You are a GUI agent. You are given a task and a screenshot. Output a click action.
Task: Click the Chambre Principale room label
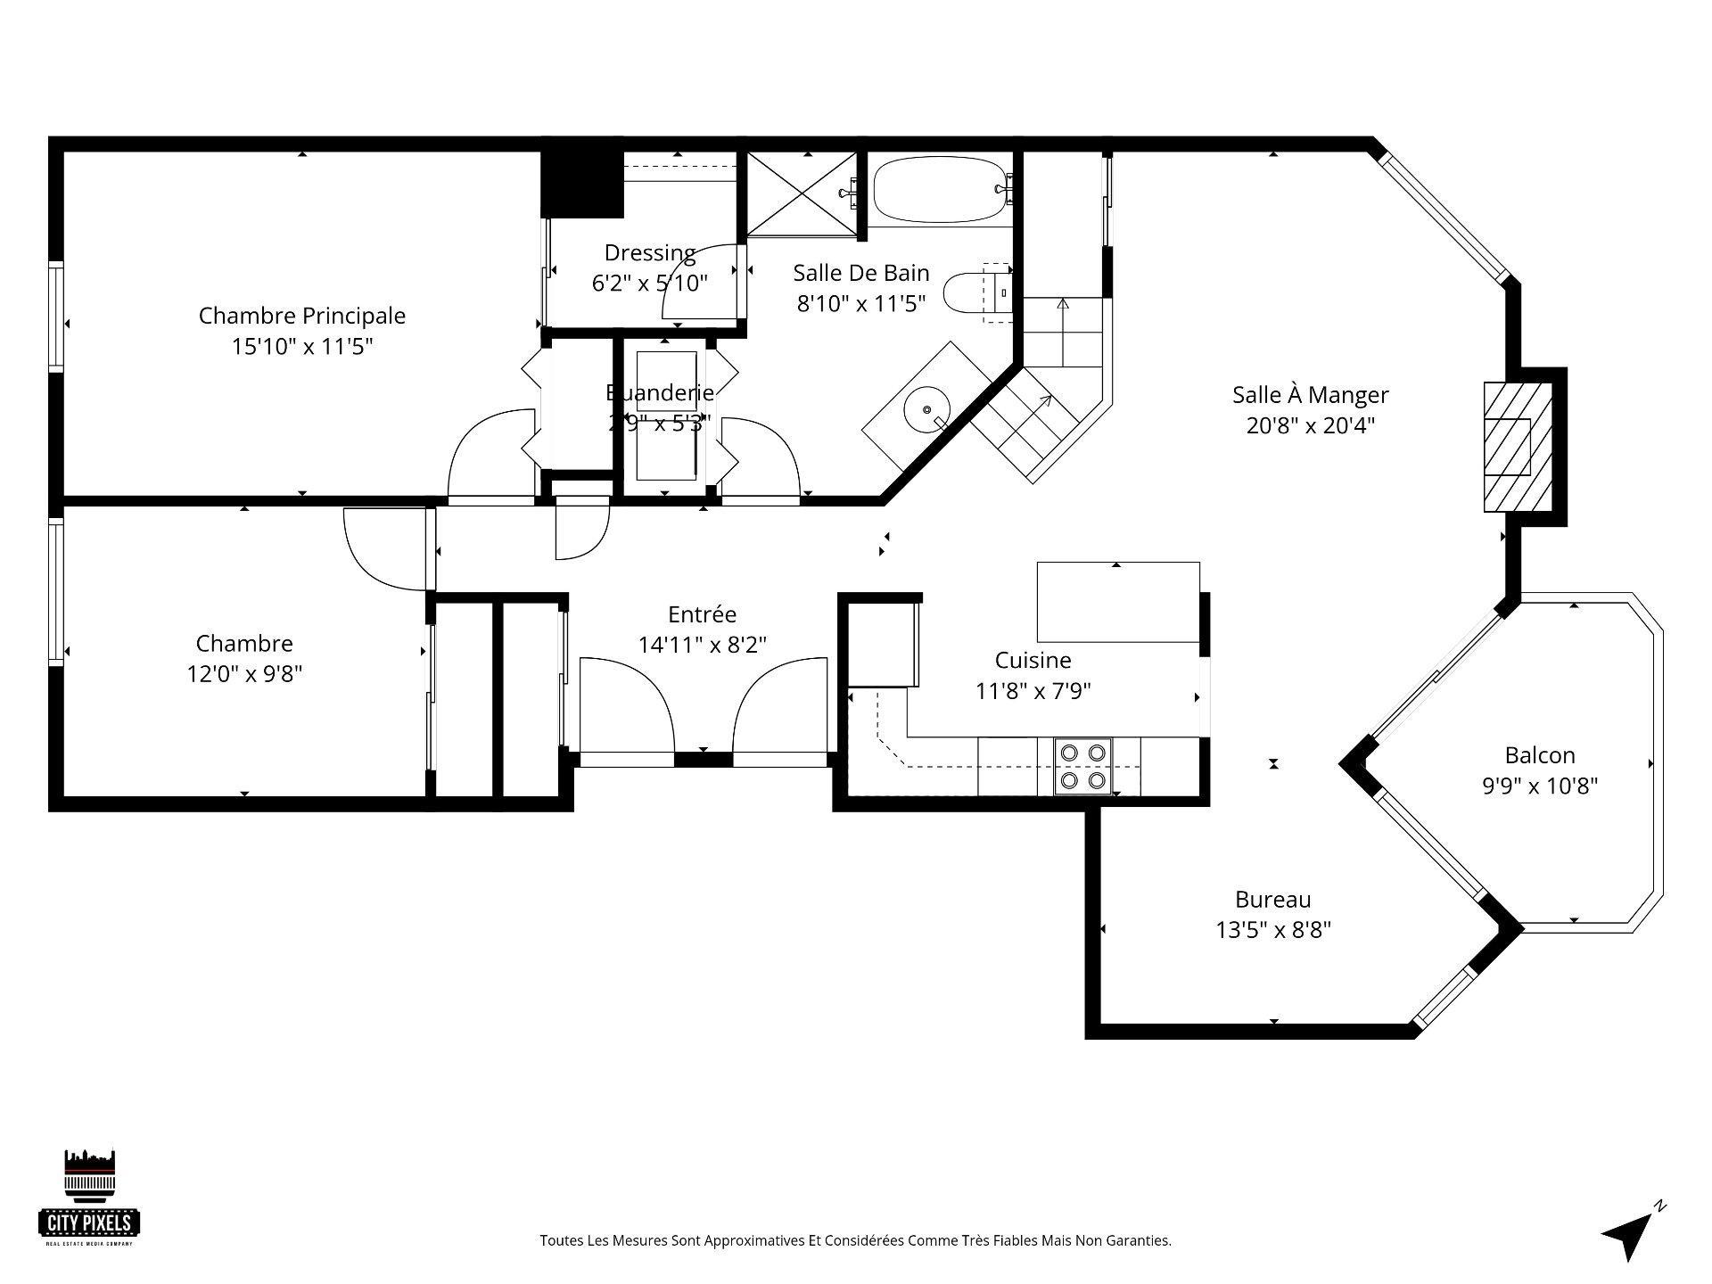[301, 316]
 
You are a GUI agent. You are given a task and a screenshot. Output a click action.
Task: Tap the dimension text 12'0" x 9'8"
[244, 674]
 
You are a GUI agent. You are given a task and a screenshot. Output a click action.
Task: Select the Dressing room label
[649, 253]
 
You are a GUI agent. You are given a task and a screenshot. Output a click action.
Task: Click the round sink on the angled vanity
[927, 409]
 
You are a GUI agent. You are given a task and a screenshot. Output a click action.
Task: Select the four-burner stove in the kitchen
[1083, 767]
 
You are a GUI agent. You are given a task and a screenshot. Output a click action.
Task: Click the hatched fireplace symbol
[1508, 447]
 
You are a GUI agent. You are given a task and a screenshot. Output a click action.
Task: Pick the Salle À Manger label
[1310, 395]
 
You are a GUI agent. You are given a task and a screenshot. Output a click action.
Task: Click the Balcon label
[1539, 756]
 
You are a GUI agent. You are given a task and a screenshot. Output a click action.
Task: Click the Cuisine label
[1033, 661]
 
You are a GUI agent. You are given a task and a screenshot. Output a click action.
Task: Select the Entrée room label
[702, 614]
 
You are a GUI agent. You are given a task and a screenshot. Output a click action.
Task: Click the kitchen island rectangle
[1117, 603]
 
